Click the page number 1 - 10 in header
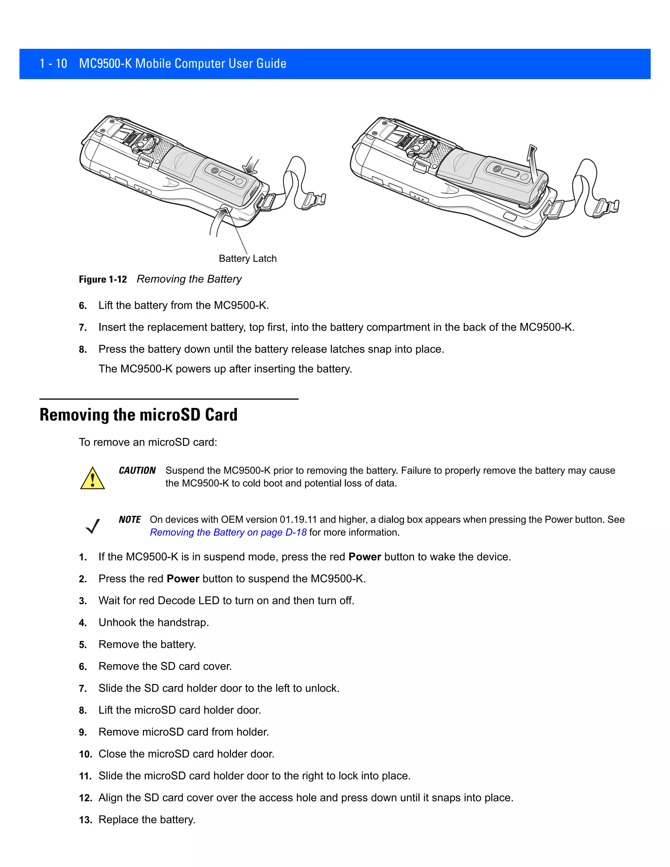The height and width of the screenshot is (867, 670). [x=53, y=63]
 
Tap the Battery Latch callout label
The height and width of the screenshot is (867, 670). [x=248, y=258]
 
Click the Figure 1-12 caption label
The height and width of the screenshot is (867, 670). [x=103, y=279]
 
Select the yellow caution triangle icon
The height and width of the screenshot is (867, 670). [x=93, y=478]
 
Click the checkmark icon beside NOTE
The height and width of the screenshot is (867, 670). [x=93, y=526]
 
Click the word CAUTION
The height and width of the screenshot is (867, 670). [x=137, y=470]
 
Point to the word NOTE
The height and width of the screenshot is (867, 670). [x=130, y=520]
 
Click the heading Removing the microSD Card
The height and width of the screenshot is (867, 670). [x=138, y=415]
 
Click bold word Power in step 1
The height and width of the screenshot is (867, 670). [x=365, y=557]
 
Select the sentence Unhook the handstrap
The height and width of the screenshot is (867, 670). [x=154, y=623]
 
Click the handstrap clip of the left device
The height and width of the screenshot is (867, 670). [x=314, y=201]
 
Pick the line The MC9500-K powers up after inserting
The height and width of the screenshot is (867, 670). [x=225, y=369]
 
